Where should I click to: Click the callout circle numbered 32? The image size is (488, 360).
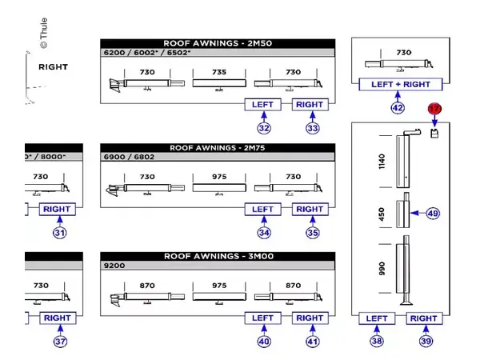coord(264,127)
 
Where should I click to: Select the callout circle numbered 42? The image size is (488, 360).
coord(397,107)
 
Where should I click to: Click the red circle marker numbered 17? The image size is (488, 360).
coord(434,108)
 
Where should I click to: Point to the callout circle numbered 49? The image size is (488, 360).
coord(433,214)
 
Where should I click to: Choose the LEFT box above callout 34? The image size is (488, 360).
coord(263,210)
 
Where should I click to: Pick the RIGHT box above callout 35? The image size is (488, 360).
coord(310,210)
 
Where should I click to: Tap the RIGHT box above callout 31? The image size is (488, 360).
coord(57,210)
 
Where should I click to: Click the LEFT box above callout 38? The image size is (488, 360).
coord(377,318)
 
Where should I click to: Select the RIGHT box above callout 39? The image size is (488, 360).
coord(424,318)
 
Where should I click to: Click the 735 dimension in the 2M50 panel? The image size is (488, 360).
coord(219,72)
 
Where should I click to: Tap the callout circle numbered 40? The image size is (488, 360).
coord(264,341)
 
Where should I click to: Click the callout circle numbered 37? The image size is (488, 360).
coord(59,341)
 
